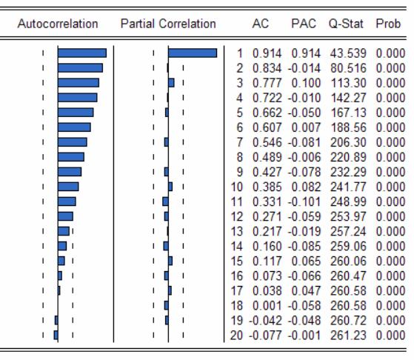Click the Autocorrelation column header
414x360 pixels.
[x=58, y=24]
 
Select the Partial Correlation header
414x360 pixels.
[x=168, y=24]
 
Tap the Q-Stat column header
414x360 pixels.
[x=346, y=24]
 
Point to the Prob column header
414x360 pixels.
[x=388, y=24]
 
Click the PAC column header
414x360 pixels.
[x=304, y=24]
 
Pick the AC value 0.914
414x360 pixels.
[x=267, y=53]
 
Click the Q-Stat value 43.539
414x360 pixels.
[x=348, y=53]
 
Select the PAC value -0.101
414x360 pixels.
[x=304, y=201]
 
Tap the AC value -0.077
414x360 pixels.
[x=265, y=336]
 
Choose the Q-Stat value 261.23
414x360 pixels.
[x=348, y=336]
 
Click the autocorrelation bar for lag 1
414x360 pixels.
[x=82, y=53]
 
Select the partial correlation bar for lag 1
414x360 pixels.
[x=193, y=53]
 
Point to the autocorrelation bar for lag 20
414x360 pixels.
[x=56, y=335]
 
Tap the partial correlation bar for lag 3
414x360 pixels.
[x=171, y=83]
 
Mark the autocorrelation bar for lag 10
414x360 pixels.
[x=68, y=187]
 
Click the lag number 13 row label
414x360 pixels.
[x=236, y=231]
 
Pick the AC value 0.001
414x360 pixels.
[x=267, y=306]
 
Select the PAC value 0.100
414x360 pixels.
[x=306, y=83]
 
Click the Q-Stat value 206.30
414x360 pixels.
[x=348, y=143]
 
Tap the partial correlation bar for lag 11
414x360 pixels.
[x=166, y=201]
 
